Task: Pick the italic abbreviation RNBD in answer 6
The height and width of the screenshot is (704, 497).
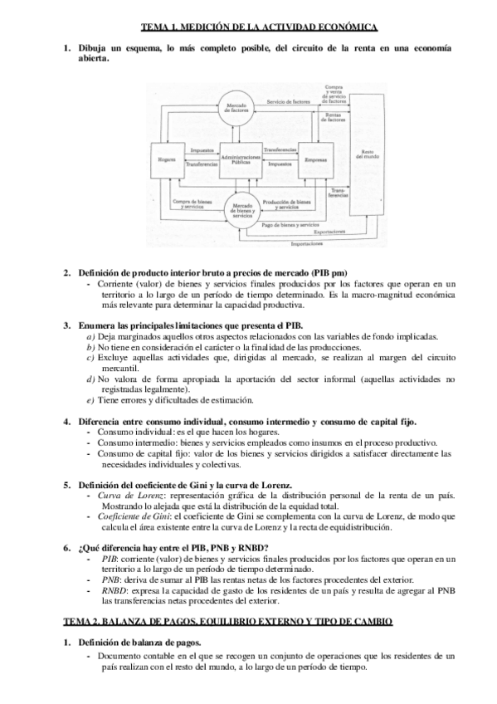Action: pos(110,590)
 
